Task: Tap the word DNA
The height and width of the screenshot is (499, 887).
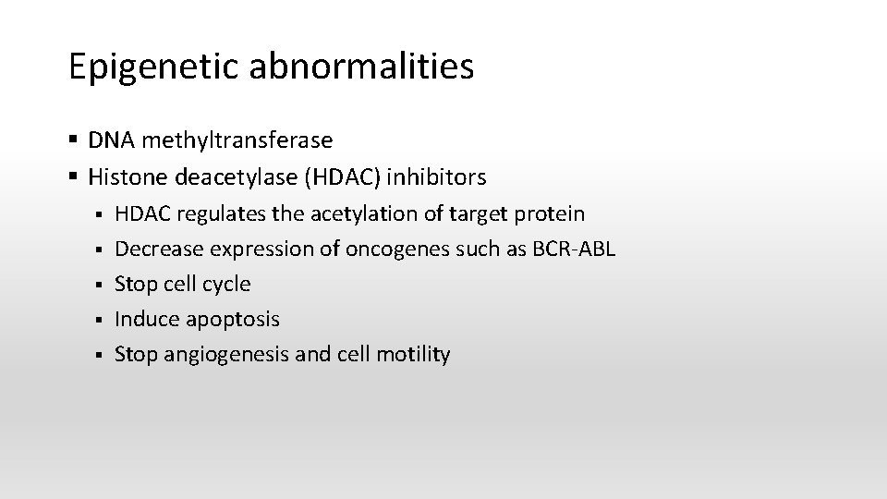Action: [110, 140]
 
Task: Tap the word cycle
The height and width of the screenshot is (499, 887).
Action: [226, 285]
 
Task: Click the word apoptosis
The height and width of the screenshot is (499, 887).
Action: [232, 320]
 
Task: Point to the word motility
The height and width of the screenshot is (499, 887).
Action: [413, 355]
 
